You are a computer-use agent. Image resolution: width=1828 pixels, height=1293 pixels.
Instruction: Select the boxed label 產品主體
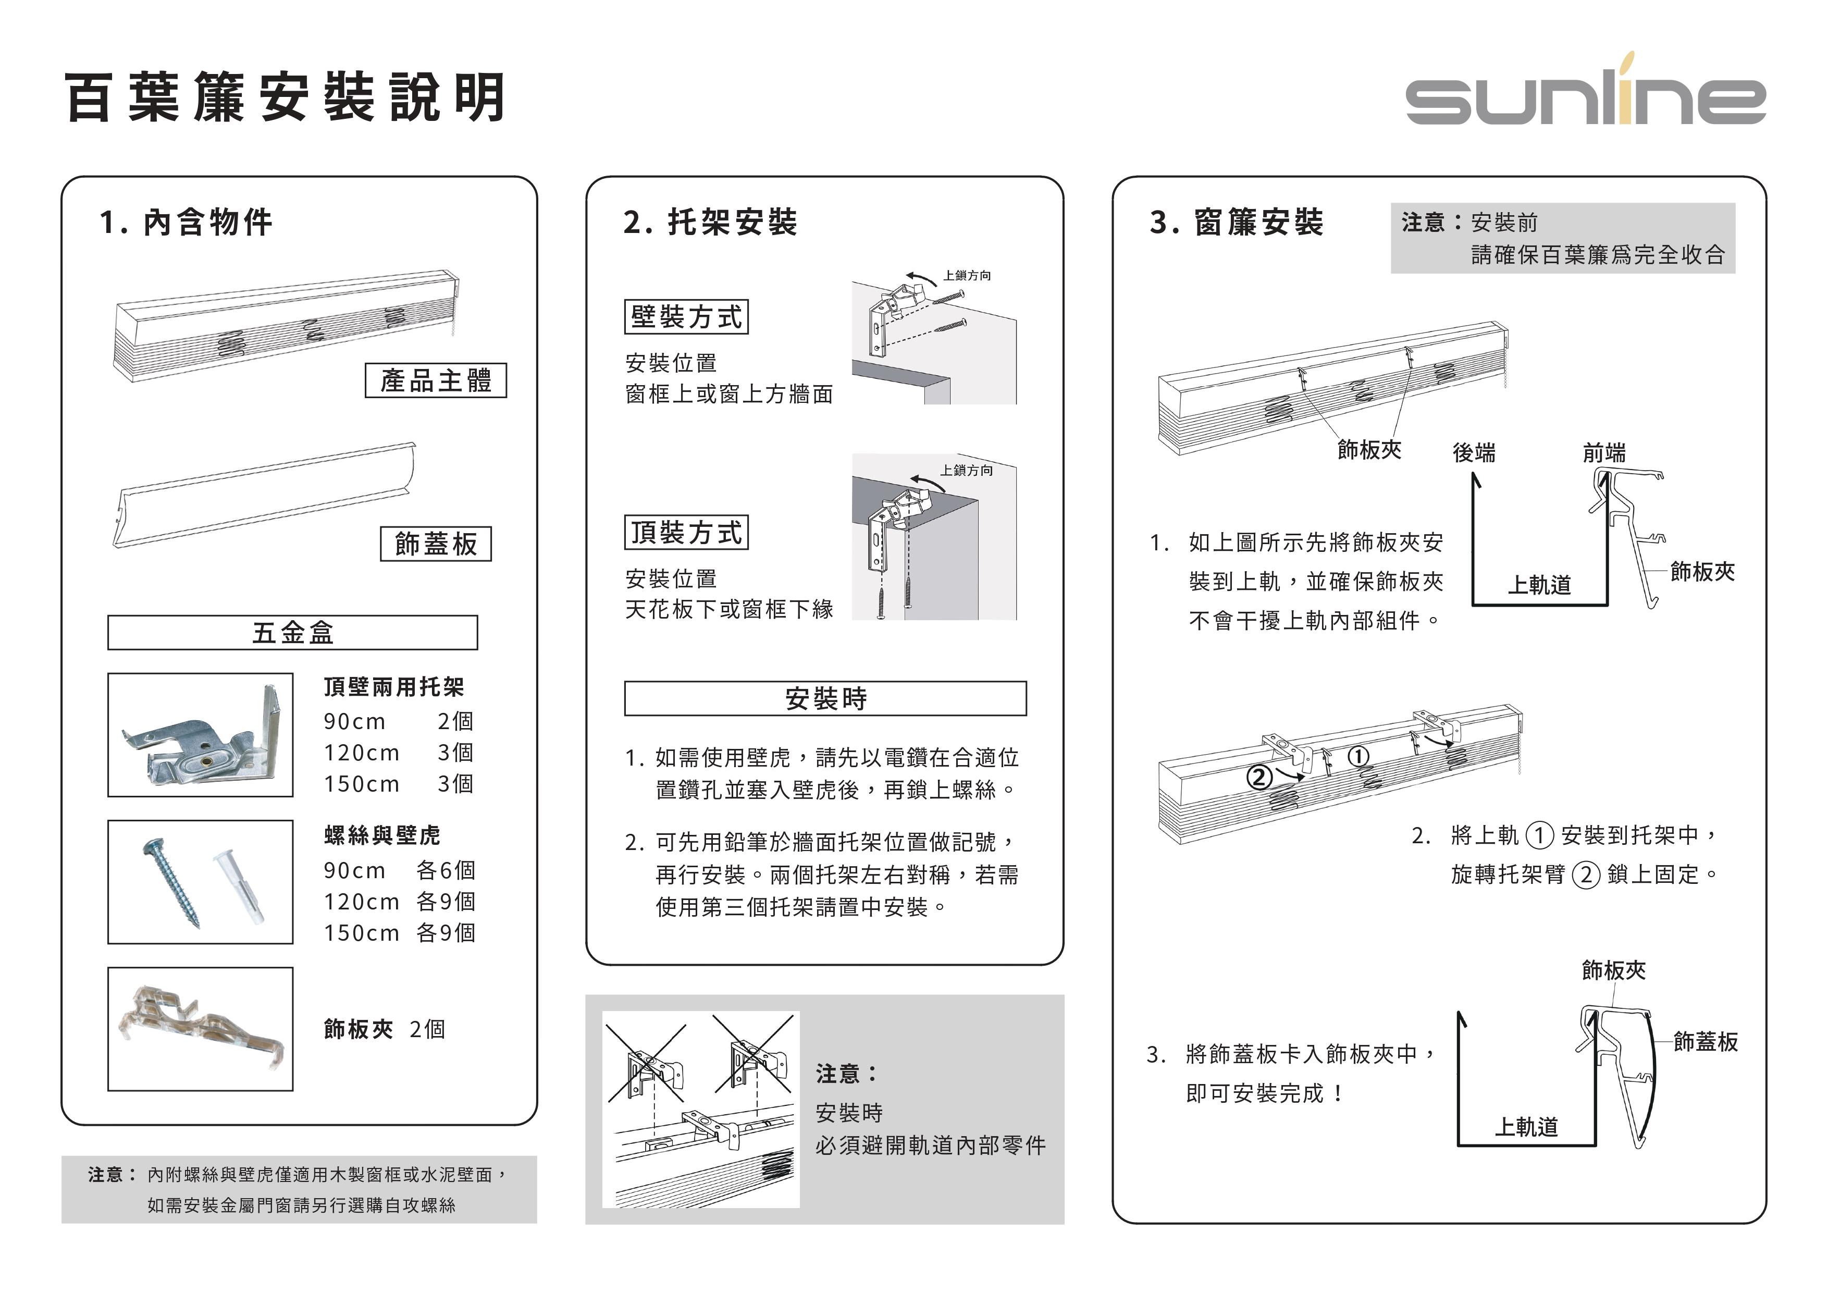pos(436,380)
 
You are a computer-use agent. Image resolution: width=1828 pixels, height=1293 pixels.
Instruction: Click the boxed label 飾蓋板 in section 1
pos(436,544)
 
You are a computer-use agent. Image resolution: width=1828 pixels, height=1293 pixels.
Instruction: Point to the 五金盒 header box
pos(292,632)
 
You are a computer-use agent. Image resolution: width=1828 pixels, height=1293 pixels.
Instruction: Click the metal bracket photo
pos(201,735)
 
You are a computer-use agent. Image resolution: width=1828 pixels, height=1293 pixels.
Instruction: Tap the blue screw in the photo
pos(171,882)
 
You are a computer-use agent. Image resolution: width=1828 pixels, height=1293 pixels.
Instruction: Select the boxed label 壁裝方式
pos(686,317)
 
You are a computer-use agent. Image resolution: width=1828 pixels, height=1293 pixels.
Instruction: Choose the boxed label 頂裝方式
pos(686,533)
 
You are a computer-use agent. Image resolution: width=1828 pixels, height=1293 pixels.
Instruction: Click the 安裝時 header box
pos(825,698)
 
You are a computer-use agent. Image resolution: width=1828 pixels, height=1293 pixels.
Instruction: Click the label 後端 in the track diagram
pos(1474,452)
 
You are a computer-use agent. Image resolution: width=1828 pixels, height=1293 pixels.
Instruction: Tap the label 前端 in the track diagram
pos(1603,452)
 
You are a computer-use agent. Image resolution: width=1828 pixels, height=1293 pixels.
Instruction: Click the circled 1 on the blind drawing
pos(1358,756)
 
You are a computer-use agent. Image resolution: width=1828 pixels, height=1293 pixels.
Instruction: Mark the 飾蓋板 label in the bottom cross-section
pos(1705,1041)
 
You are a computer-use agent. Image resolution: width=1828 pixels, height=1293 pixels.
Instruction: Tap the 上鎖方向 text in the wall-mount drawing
pos(967,276)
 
